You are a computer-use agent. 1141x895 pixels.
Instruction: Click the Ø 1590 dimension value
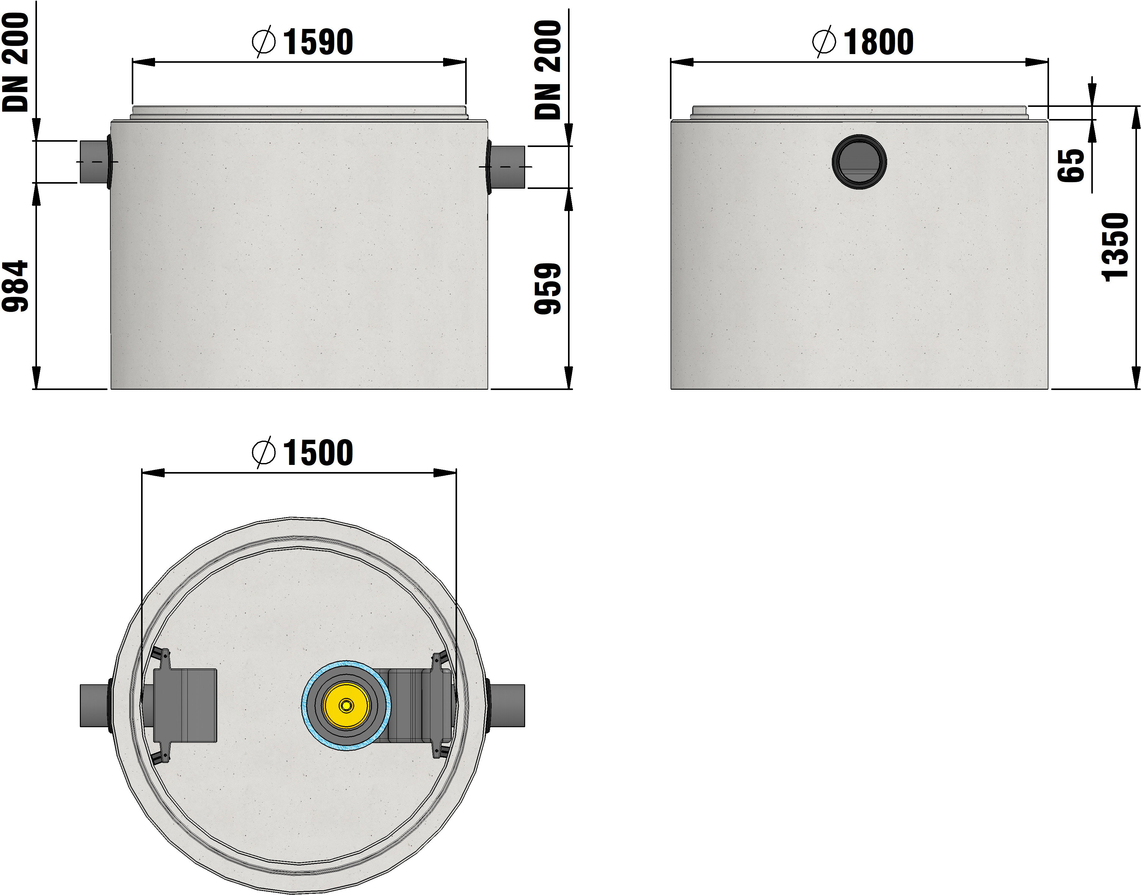click(x=302, y=42)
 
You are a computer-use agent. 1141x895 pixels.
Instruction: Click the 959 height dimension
click(x=548, y=289)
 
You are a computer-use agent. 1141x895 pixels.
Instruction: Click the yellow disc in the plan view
click(x=346, y=705)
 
